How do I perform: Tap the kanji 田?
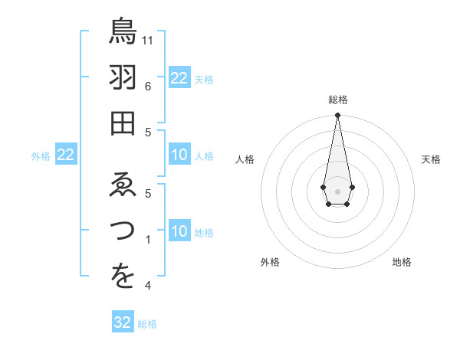click(123, 123)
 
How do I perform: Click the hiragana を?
click(123, 277)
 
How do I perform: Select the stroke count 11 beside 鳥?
click(149, 39)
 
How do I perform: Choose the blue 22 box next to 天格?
click(179, 78)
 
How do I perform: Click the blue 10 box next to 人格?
click(179, 155)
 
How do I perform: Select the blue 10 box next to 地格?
click(179, 232)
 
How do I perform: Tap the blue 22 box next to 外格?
click(66, 155)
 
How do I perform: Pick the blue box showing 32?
click(123, 322)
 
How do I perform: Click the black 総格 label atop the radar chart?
click(337, 100)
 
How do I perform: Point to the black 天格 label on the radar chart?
click(431, 159)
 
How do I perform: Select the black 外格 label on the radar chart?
click(270, 262)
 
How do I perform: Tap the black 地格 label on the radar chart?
click(402, 262)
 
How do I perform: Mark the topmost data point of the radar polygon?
click(337, 116)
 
